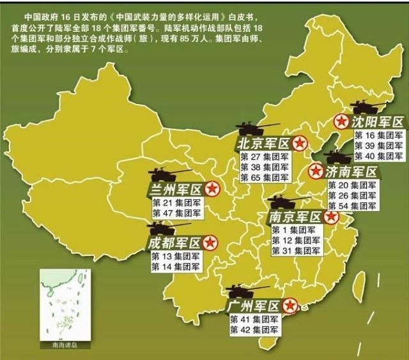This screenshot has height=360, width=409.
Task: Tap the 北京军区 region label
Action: coord(263,142)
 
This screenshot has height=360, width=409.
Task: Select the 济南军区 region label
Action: coord(351,171)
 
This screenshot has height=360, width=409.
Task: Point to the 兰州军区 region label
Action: coord(174,189)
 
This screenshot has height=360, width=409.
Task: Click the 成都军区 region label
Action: coord(174,243)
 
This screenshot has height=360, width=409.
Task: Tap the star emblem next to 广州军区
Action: coord(290,305)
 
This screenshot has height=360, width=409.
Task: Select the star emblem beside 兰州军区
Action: coord(213,189)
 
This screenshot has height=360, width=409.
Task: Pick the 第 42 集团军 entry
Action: coord(254,329)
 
